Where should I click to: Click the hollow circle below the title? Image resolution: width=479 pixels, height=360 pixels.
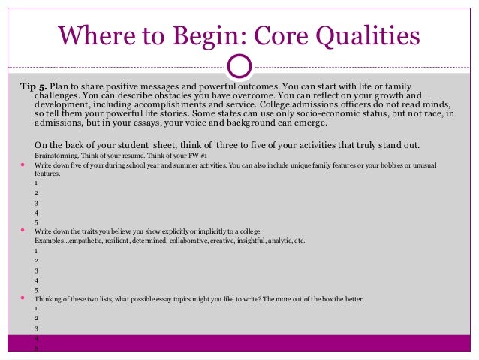238,65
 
